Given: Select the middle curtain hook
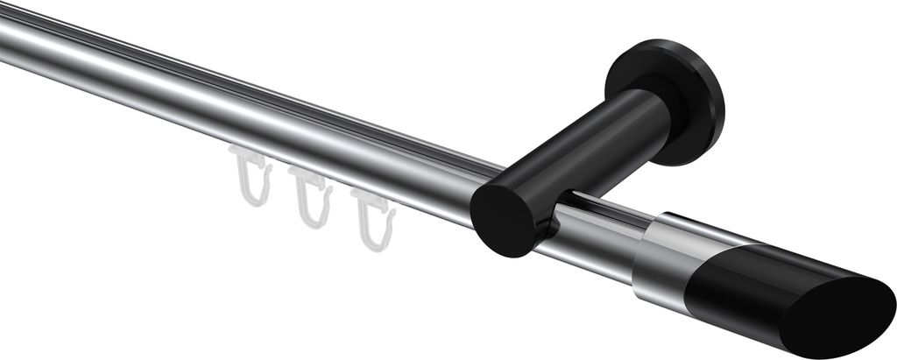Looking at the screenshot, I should click(311, 199).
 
